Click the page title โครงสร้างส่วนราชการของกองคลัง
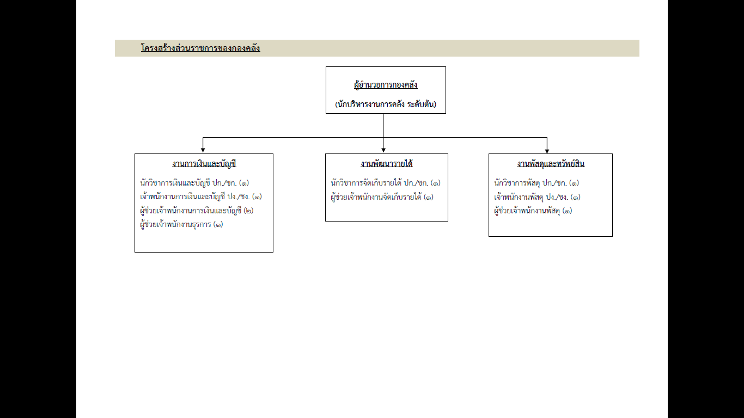click(200, 48)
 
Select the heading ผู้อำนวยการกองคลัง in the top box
click(386, 85)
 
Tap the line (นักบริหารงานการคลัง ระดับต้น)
click(386, 104)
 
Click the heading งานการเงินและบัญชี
click(204, 164)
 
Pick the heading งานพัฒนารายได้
click(387, 164)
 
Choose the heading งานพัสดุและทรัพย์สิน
click(551, 164)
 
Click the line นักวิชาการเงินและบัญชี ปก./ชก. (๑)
click(194, 183)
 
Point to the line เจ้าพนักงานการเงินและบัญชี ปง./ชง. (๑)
click(201, 197)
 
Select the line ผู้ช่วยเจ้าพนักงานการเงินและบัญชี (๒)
click(197, 211)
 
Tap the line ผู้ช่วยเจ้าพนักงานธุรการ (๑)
click(182, 225)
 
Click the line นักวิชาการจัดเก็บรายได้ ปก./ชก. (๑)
click(386, 183)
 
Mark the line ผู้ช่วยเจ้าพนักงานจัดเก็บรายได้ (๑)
click(382, 197)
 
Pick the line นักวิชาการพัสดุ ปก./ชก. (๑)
click(536, 183)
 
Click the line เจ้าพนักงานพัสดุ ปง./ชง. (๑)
click(538, 197)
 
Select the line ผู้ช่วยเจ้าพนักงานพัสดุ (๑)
click(533, 211)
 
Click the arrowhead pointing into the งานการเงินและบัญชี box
click(203, 150)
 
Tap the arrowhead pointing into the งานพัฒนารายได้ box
click(383, 150)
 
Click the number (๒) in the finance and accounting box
click(248, 211)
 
